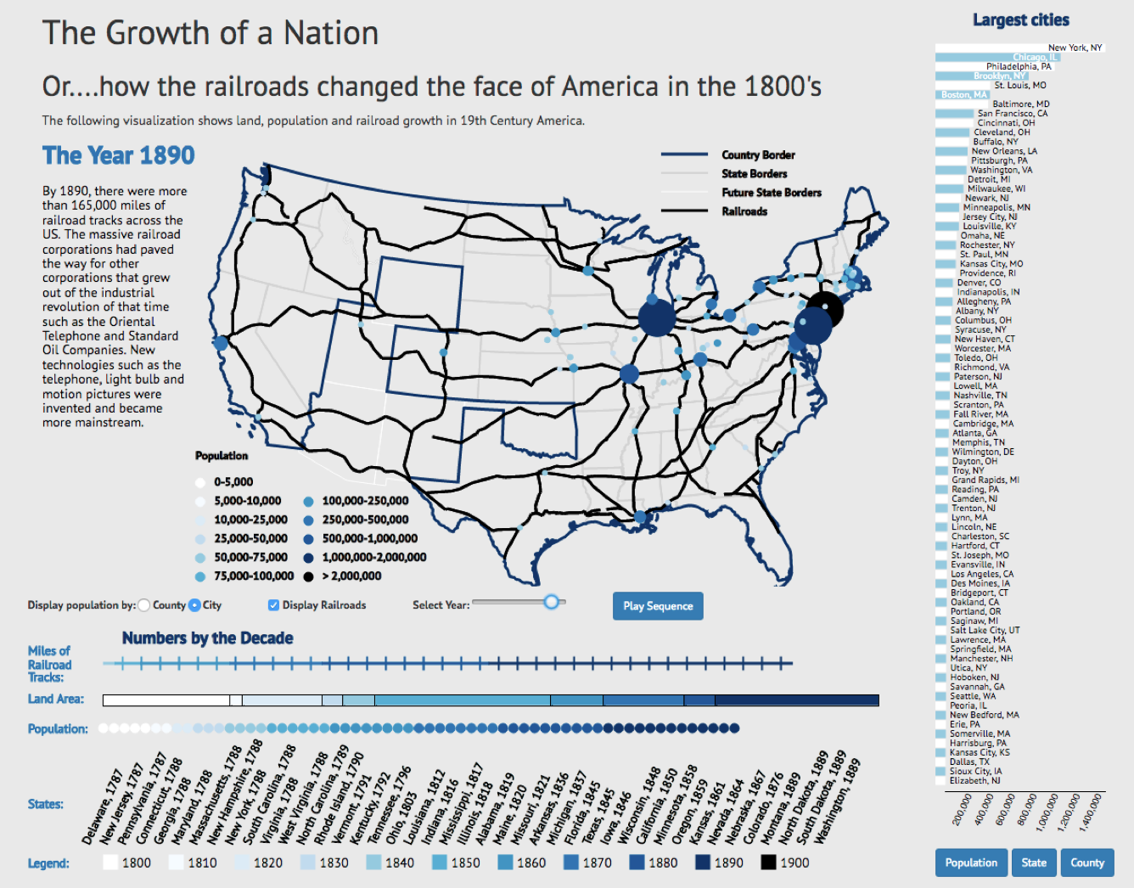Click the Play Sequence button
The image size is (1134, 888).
658,606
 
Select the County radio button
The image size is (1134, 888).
144,605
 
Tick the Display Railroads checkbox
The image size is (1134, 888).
273,605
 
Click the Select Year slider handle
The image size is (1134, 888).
552,602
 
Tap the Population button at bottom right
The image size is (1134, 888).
971,863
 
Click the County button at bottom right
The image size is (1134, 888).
1086,863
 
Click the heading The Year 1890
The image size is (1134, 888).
119,155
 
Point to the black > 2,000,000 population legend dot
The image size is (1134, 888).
308,576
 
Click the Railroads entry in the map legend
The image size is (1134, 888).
744,211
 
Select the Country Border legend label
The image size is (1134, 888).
758,155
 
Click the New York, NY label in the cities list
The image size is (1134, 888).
1075,48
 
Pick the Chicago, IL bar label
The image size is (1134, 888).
1035,57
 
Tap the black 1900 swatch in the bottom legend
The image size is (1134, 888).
768,863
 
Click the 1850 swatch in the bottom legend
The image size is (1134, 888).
440,863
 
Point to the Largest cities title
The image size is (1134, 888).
1020,20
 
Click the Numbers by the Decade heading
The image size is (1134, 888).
207,638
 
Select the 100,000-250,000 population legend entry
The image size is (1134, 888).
364,501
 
